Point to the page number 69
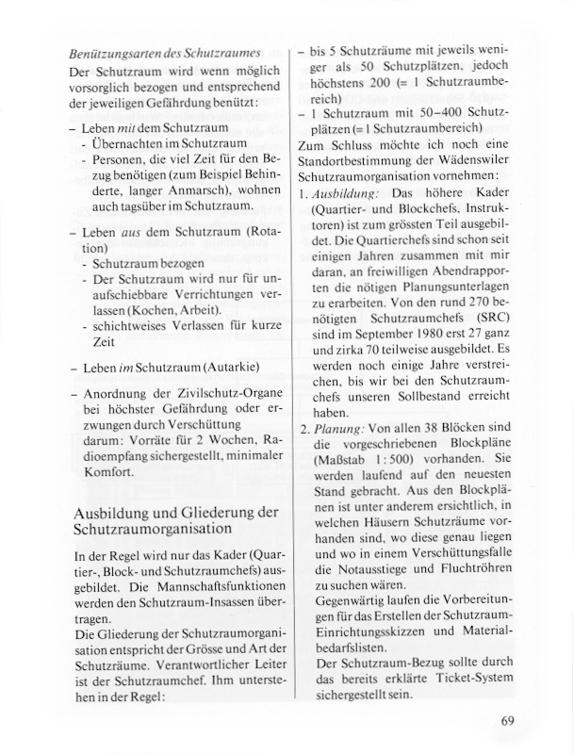tap(507, 722)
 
